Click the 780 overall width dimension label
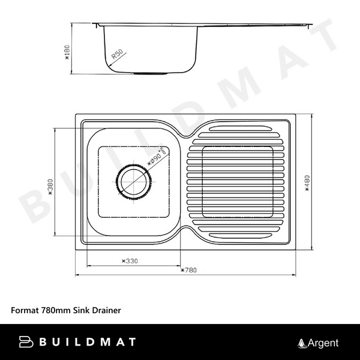[x=188, y=271]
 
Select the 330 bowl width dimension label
[x=130, y=261]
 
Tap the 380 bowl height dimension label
[x=50, y=190]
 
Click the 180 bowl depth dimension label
[x=67, y=54]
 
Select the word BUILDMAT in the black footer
[x=88, y=342]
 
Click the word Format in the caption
[x=25, y=310]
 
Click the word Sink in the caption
[x=81, y=310]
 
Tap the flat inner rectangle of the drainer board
[x=239, y=180]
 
